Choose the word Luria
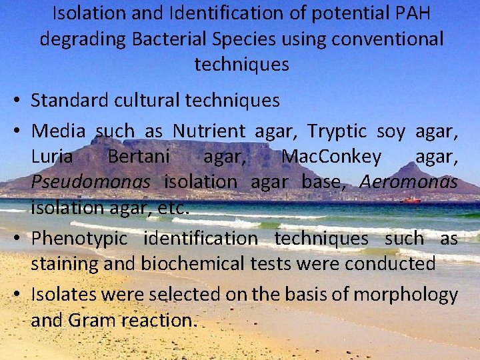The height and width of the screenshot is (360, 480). [x=52, y=157]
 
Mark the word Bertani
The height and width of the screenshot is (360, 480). [x=139, y=157]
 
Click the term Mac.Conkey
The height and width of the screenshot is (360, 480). [x=332, y=157]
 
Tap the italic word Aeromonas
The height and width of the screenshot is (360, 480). [x=409, y=182]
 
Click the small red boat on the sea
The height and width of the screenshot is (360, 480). [x=411, y=200]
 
